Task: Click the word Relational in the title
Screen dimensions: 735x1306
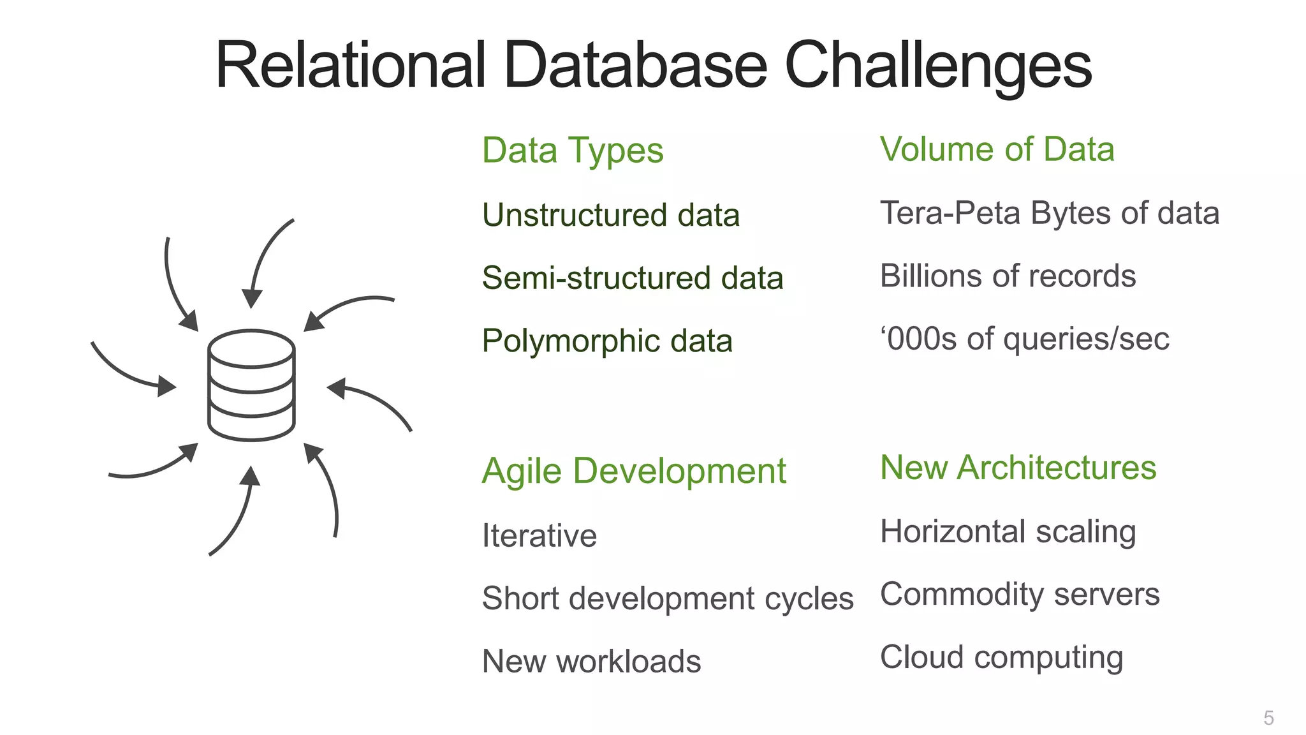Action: point(351,65)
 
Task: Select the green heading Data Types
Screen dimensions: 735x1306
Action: point(573,151)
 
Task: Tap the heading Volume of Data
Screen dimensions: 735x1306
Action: point(997,149)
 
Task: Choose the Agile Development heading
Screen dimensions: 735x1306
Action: point(634,471)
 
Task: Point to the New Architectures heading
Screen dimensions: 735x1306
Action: point(1018,468)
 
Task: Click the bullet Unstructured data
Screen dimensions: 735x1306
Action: point(611,215)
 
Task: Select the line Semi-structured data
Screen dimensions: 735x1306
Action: point(633,278)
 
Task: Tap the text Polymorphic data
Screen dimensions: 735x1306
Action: point(607,341)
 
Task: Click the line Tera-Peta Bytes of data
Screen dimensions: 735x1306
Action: point(1049,213)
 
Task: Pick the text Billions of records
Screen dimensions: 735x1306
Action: point(1008,276)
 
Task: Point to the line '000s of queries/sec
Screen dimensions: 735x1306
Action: point(1024,339)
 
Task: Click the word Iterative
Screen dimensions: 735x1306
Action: point(539,535)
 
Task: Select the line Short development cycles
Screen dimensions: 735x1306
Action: point(668,598)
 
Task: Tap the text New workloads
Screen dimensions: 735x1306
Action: point(591,661)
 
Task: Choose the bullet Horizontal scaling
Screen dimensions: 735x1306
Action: point(1008,531)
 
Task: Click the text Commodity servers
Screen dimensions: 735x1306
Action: point(1020,594)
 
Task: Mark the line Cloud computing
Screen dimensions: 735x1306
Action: point(1001,657)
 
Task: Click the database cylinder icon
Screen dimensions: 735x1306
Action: point(251,385)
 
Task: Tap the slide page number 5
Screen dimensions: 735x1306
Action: point(1268,718)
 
